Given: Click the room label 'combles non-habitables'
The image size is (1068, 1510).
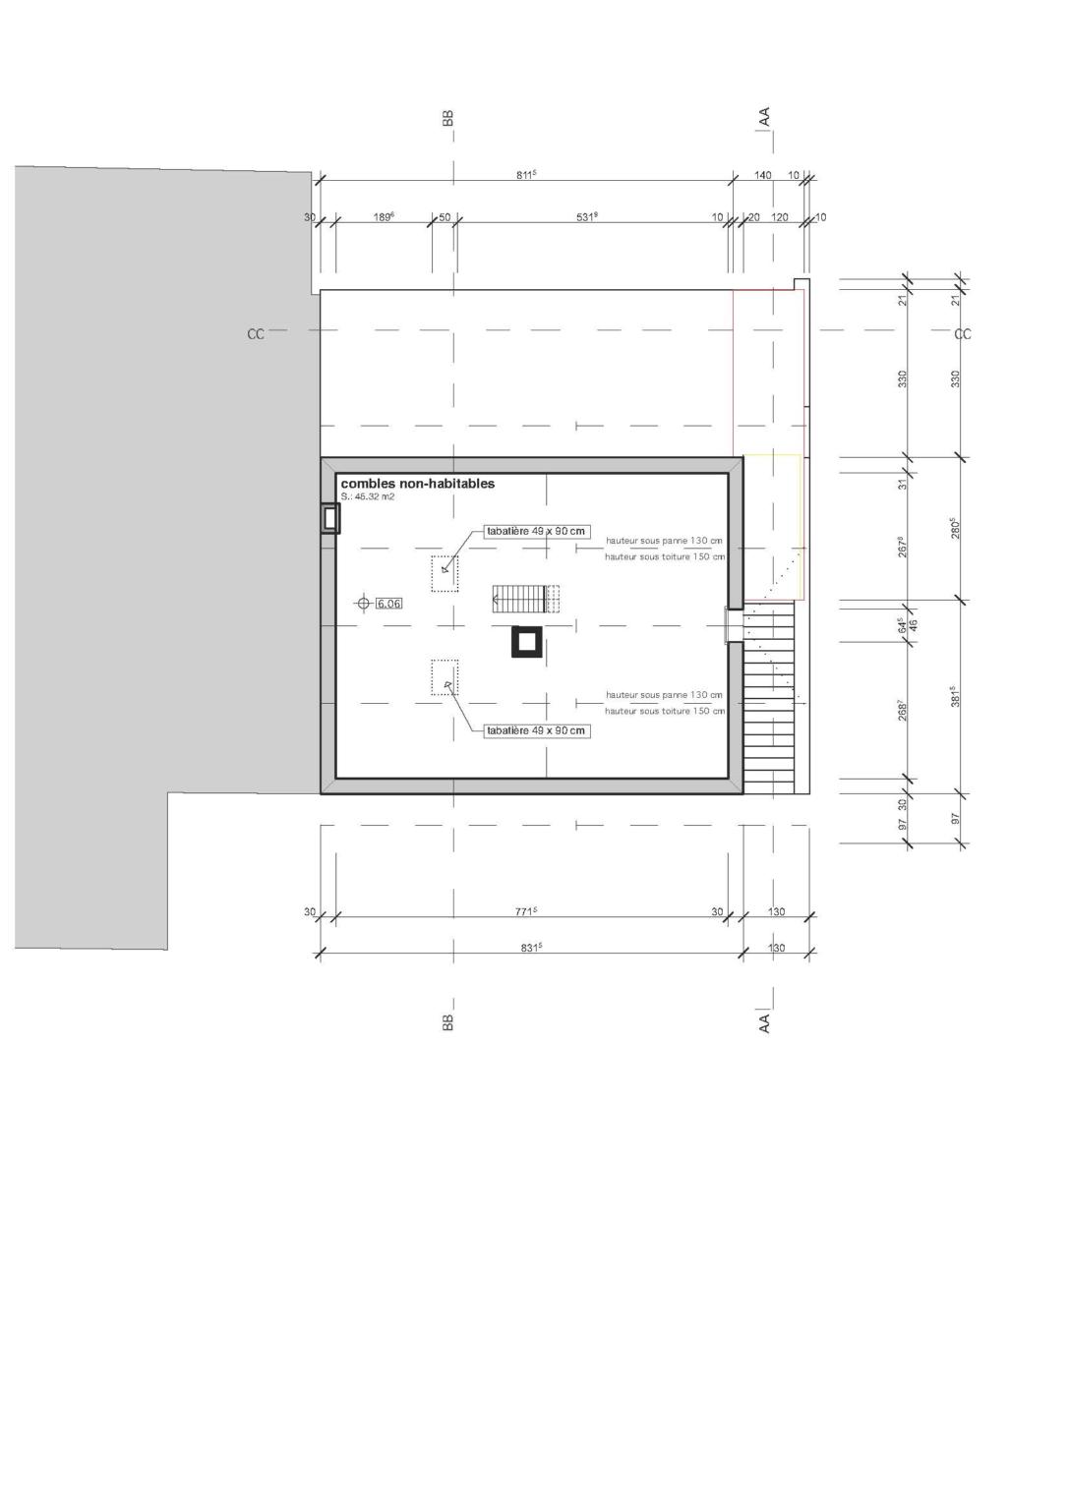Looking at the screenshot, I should tap(417, 484).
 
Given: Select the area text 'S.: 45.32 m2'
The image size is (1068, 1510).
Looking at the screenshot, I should tap(368, 497).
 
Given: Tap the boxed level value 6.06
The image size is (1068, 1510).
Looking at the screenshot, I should tap(389, 604).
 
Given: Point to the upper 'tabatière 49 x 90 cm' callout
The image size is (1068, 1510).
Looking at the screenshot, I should tap(536, 532).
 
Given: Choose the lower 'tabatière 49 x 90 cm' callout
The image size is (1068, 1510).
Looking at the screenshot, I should tap(536, 730).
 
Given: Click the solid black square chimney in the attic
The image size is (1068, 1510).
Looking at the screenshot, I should tap(526, 642).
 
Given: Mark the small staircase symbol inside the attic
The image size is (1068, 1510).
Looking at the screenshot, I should tap(524, 598).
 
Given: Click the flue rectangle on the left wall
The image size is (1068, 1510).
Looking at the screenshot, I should tap(329, 518).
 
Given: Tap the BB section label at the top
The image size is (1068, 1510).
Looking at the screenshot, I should tap(448, 118).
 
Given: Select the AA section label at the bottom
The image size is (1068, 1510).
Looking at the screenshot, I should tap(764, 1022).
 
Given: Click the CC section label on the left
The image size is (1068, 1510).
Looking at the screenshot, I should tap(256, 334).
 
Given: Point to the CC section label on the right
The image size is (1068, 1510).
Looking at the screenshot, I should tap(963, 334).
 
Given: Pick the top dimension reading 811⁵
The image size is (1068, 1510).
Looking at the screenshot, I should tap(526, 175).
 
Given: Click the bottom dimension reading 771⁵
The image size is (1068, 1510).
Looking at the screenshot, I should tap(526, 911).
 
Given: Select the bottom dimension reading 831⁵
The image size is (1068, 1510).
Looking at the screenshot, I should tap(531, 948).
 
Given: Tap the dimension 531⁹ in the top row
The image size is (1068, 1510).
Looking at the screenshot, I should tap(587, 217).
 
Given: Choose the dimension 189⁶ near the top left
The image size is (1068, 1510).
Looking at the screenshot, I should tap(384, 217).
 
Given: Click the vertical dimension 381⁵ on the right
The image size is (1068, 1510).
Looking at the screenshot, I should tap(954, 697).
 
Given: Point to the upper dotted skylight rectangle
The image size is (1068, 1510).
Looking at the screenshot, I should tap(445, 574).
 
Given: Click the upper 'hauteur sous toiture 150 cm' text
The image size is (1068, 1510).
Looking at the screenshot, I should tap(665, 556).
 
